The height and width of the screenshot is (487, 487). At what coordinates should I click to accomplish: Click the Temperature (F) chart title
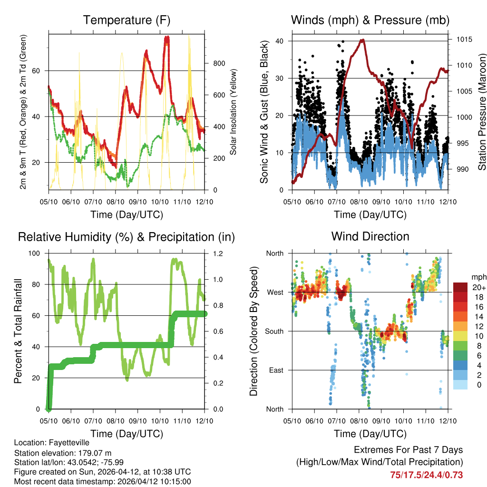pos(127,20)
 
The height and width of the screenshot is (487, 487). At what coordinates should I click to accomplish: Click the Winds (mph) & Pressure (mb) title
pos(370,20)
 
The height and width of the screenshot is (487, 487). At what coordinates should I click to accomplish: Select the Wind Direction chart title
pos(370,236)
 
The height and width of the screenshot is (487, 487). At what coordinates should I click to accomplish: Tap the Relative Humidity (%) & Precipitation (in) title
pos(127,236)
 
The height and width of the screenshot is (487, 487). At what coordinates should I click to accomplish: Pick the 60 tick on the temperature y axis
pos(40,70)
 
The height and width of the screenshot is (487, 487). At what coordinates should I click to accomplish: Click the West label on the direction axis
pos(275,292)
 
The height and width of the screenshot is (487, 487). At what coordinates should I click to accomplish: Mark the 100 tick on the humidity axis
pos(37,253)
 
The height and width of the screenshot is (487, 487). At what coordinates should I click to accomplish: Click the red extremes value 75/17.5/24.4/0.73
pos(426,475)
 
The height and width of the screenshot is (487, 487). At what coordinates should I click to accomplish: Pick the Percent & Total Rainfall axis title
pos(18,331)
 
